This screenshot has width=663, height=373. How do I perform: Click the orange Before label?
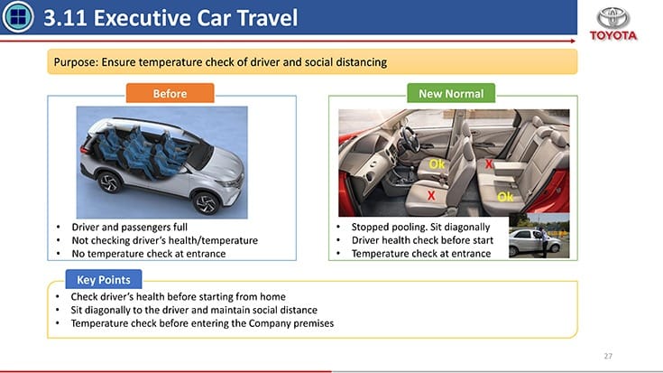[x=170, y=94]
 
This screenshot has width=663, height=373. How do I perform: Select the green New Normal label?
[x=452, y=94]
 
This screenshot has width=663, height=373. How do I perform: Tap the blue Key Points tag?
[x=103, y=280]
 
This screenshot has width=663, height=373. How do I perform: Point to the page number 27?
[x=608, y=356]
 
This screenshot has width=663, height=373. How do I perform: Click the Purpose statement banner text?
[x=221, y=62]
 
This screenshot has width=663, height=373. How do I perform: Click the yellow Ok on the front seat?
[x=437, y=163]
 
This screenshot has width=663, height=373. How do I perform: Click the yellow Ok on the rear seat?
[x=505, y=196]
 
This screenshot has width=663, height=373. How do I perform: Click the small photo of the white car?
[x=538, y=238]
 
